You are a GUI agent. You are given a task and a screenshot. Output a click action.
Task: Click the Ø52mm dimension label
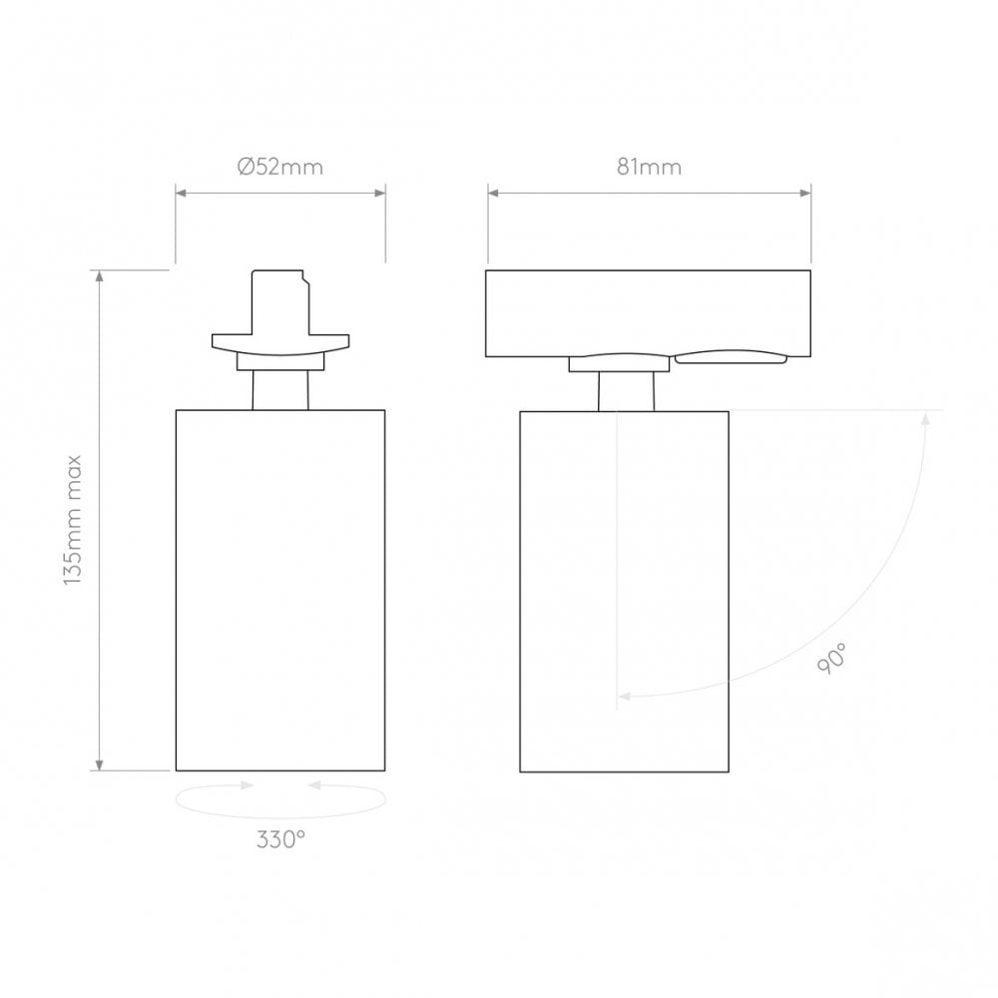point(280,168)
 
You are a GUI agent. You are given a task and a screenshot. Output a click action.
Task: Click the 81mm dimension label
point(649,168)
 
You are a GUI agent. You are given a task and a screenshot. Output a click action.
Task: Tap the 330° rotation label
point(279,840)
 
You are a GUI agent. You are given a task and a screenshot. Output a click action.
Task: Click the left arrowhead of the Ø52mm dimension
point(181,194)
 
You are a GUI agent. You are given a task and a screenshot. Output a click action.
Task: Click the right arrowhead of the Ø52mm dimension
point(380,194)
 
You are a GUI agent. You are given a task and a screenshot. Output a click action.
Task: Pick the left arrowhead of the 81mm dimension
point(493,194)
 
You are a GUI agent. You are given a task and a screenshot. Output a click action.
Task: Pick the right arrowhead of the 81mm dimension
point(805,194)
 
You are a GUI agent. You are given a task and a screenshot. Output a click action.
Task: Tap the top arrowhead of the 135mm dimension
point(100,276)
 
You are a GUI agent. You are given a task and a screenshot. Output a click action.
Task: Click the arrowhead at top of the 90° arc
point(925,417)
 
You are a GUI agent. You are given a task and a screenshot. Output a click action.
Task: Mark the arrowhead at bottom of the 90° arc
point(624,696)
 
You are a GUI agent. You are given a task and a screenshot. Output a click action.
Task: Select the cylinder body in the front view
point(280,589)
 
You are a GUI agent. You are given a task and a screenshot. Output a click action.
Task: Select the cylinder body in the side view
point(624,589)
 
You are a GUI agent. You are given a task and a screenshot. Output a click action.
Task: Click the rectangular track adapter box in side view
point(649,311)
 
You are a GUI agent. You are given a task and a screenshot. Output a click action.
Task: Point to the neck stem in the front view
point(280,389)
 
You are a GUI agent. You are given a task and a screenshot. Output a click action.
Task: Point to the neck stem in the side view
point(626,391)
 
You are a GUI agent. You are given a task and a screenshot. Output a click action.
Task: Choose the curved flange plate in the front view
point(280,343)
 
